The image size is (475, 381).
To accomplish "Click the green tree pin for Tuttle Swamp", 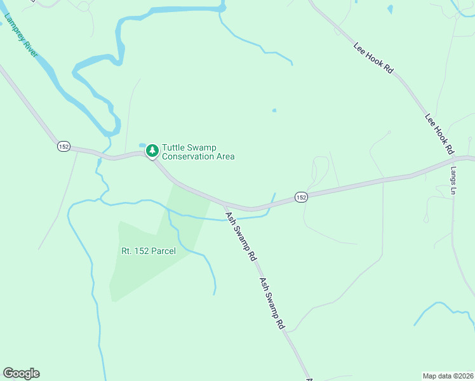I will [x=152, y=150].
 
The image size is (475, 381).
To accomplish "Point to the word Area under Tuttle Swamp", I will [x=225, y=157].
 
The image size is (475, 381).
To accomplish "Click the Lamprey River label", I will [x=21, y=35].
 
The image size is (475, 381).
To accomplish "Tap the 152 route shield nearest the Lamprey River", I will [x=64, y=146].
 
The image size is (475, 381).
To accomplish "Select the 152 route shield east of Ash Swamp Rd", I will [x=301, y=197].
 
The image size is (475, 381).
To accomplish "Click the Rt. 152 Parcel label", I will [x=148, y=251].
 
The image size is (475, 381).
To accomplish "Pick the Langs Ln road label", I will [x=453, y=181].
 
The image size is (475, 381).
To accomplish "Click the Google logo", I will [x=21, y=373].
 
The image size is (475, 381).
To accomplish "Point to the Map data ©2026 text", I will [x=448, y=375].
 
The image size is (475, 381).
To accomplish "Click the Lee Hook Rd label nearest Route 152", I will [x=439, y=134].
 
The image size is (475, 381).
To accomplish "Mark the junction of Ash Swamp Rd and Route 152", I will [x=224, y=204].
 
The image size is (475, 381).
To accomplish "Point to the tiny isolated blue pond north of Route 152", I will [x=274, y=110].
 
